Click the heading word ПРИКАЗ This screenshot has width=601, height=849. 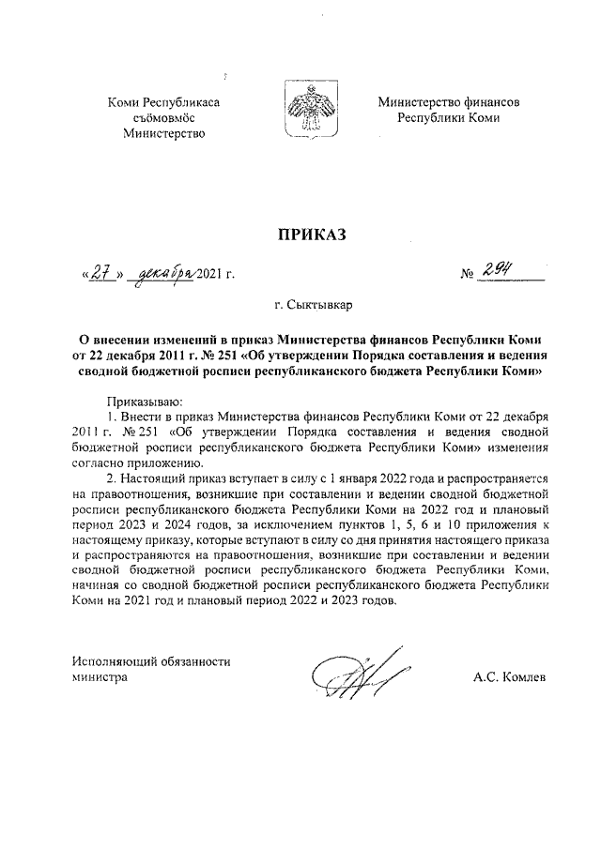(x=310, y=234)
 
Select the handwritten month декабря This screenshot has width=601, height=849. (x=163, y=274)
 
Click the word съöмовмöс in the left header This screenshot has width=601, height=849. (x=164, y=117)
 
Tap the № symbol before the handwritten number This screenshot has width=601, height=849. (x=466, y=275)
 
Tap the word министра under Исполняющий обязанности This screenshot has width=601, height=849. (x=100, y=676)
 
